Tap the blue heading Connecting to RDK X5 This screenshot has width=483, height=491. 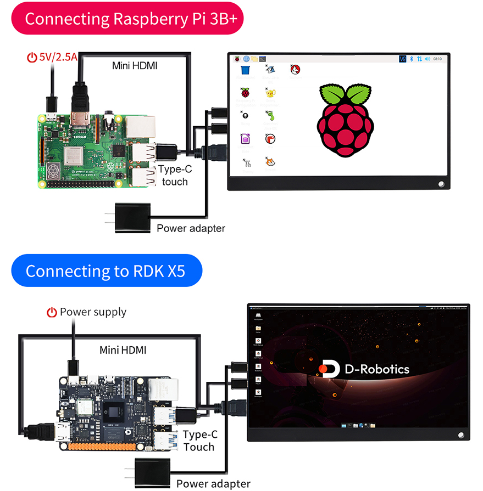(107, 271)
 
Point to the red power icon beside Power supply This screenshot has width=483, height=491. (52, 313)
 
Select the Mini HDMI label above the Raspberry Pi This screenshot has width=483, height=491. (135, 66)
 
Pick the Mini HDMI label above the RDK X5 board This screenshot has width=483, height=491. (123, 350)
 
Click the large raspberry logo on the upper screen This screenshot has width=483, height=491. (345, 120)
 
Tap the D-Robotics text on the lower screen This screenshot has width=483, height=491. (377, 369)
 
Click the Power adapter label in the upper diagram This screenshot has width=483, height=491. (191, 228)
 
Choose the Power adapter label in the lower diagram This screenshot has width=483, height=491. (213, 484)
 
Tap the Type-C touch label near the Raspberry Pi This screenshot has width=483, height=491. (175, 176)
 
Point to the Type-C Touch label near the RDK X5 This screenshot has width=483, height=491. (199, 441)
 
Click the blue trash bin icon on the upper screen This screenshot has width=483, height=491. (246, 71)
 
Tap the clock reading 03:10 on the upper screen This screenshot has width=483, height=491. (437, 59)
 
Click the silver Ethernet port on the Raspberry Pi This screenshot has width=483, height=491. (141, 127)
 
